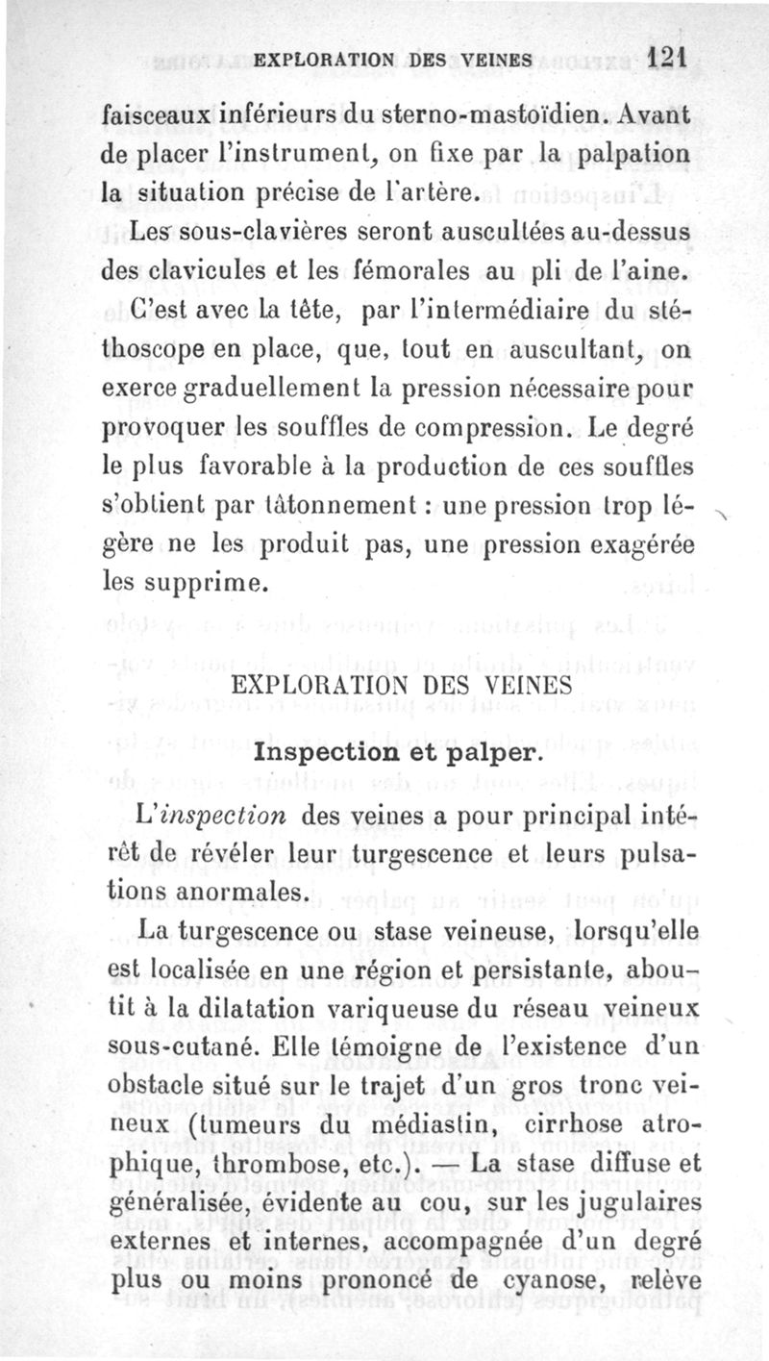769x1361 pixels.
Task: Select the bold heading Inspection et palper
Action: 400,752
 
